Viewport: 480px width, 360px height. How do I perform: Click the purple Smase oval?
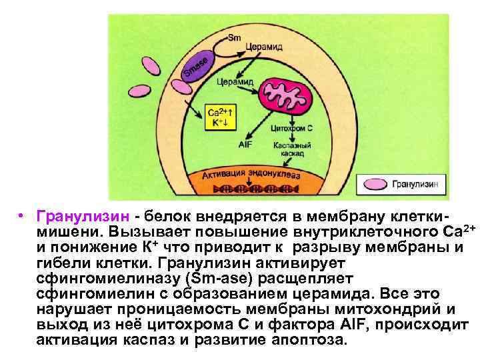pos(198,67)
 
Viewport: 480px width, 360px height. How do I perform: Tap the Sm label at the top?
pos(235,37)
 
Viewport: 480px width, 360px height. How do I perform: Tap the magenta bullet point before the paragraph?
pos(23,217)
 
